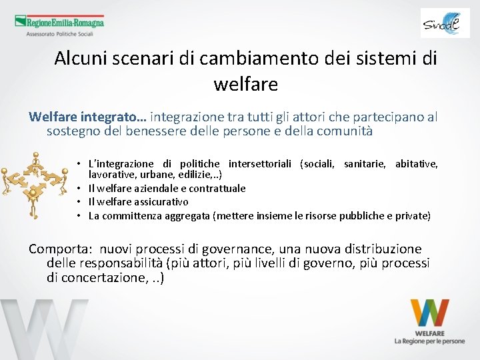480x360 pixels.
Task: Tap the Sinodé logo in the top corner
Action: [x=445, y=23]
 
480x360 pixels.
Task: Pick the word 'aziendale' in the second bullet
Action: [x=153, y=189]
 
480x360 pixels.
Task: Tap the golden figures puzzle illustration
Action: [x=35, y=183]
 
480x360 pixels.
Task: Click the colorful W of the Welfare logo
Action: [x=429, y=313]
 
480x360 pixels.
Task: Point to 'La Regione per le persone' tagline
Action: [x=429, y=341]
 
